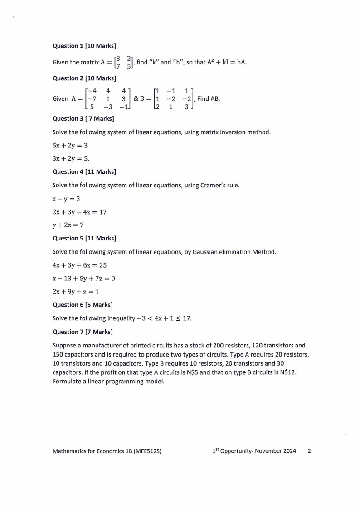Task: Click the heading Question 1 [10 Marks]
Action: click(x=84, y=46)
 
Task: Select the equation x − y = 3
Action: click(x=67, y=199)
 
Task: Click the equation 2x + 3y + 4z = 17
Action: click(x=79, y=212)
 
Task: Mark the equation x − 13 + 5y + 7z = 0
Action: click(x=83, y=279)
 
